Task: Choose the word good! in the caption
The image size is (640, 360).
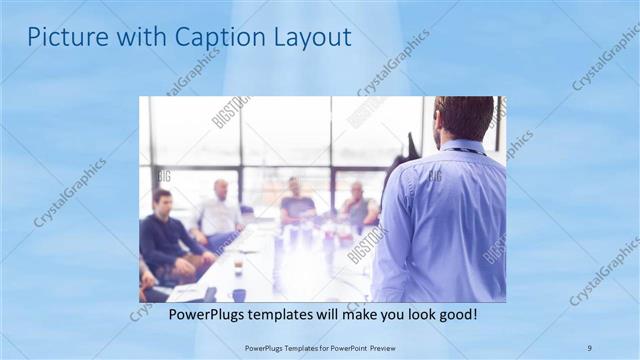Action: pyautogui.click(x=455, y=315)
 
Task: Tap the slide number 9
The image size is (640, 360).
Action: pyautogui.click(x=589, y=347)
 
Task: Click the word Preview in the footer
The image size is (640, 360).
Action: pyautogui.click(x=376, y=347)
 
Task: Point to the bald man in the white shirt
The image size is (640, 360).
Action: pyautogui.click(x=219, y=213)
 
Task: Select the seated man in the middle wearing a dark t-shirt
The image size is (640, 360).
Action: pyautogui.click(x=296, y=205)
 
